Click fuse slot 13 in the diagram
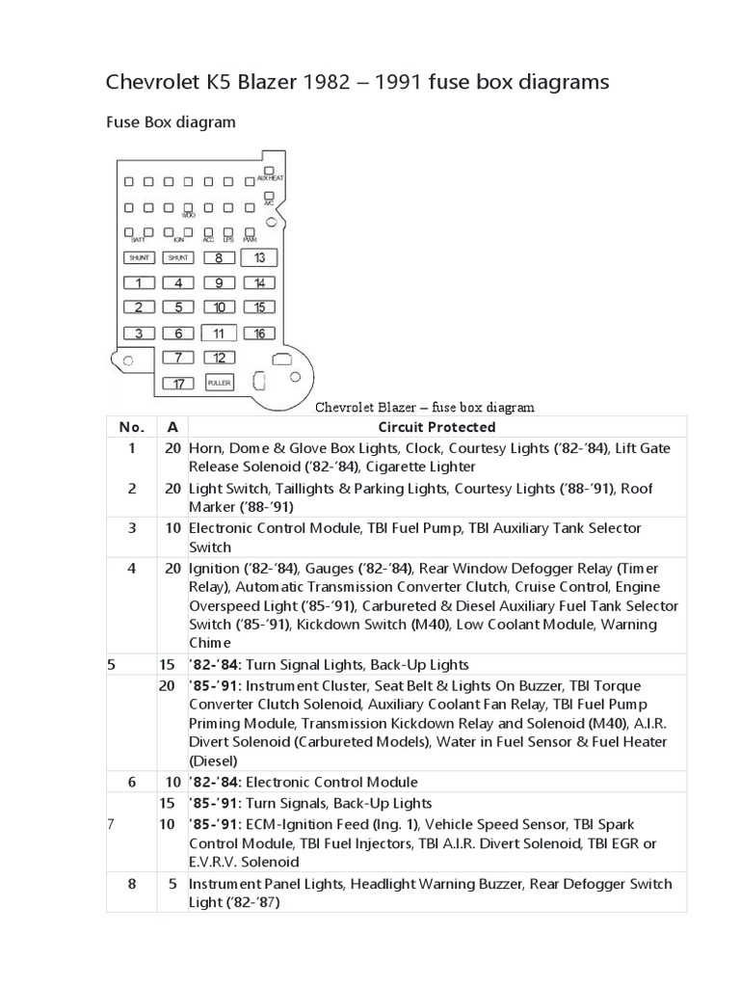pyautogui.click(x=259, y=258)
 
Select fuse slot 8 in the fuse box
pyautogui.click(x=219, y=258)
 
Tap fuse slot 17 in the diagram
pyautogui.click(x=178, y=383)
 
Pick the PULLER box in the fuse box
pyautogui.click(x=220, y=383)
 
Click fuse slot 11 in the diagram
pyautogui.click(x=219, y=333)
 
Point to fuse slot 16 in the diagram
pyautogui.click(x=259, y=333)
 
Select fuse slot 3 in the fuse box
pyautogui.click(x=138, y=333)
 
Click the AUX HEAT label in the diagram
pyautogui.click(x=269, y=179)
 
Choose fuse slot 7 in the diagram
pyautogui.click(x=178, y=358)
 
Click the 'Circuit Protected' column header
pyautogui.click(x=436, y=427)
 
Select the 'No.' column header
pyautogui.click(x=130, y=427)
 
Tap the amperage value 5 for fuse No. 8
pyautogui.click(x=172, y=884)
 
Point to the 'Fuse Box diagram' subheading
pyautogui.click(x=169, y=122)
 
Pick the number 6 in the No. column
pyautogui.click(x=130, y=783)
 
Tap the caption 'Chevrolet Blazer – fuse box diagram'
pyautogui.click(x=426, y=407)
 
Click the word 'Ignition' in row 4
pyautogui.click(x=217, y=568)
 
